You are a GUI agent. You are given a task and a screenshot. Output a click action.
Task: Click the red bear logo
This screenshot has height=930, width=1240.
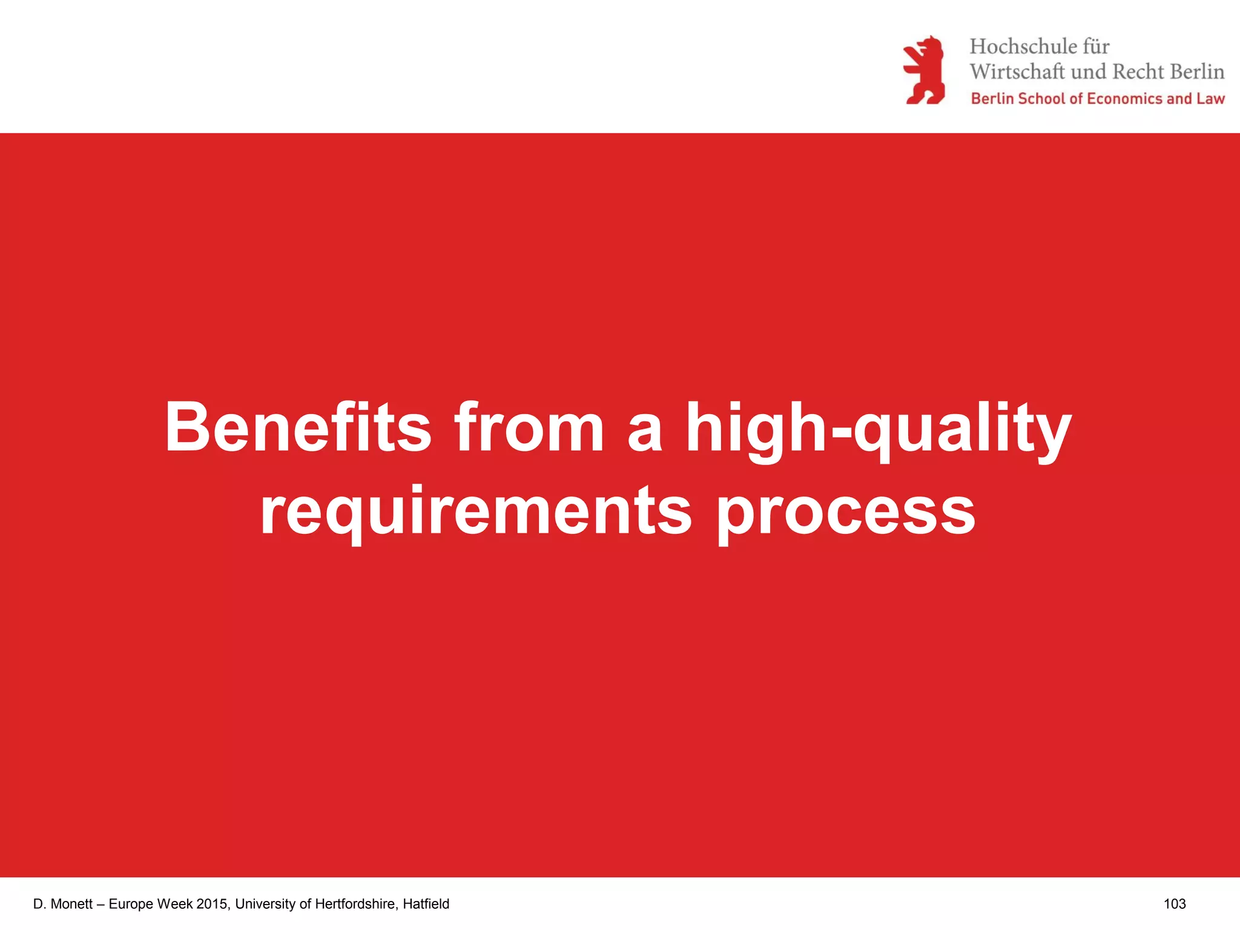[924, 70]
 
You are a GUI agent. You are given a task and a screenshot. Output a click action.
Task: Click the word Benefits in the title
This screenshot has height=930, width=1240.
[298, 427]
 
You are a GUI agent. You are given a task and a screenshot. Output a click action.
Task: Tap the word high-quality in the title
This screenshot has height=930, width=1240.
[878, 427]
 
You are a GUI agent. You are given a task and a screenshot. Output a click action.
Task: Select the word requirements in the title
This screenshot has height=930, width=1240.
[476, 511]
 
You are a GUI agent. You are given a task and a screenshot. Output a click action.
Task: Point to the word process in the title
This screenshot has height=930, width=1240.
[846, 512]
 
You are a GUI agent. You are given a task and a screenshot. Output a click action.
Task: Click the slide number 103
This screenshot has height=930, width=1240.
[1174, 904]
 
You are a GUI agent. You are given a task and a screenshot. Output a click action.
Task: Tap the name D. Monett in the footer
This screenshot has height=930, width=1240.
[63, 904]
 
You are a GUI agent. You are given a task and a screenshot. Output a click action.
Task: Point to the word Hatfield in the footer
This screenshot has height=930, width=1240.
[426, 904]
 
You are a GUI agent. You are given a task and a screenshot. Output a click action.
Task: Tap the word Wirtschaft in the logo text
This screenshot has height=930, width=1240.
[1017, 71]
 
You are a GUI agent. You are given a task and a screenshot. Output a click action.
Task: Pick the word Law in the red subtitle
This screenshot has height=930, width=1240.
[1210, 99]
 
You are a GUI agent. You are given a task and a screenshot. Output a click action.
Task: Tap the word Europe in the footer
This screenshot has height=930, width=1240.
[131, 904]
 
